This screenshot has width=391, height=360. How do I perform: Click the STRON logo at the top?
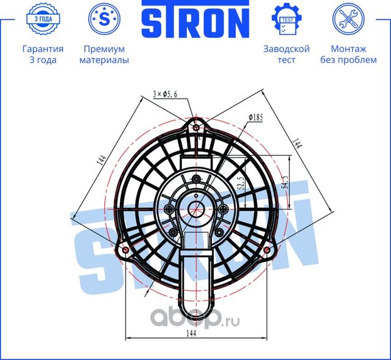point(195,22)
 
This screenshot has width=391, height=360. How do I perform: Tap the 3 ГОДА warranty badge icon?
point(43,19)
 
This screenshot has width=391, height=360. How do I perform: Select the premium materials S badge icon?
point(104,19)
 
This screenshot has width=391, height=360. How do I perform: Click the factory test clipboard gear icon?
point(286,20)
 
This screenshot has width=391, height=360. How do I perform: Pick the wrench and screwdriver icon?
point(348,19)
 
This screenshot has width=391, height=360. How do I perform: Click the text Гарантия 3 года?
point(43,54)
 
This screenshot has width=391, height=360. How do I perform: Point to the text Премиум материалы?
point(104,54)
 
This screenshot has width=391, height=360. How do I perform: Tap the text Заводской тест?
point(286,54)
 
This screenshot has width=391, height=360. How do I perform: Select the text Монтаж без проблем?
point(348,54)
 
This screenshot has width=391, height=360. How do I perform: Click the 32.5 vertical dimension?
point(240,183)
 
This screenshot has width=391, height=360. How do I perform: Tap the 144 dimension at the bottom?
point(195,332)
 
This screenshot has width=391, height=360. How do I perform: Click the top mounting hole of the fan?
point(195,127)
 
